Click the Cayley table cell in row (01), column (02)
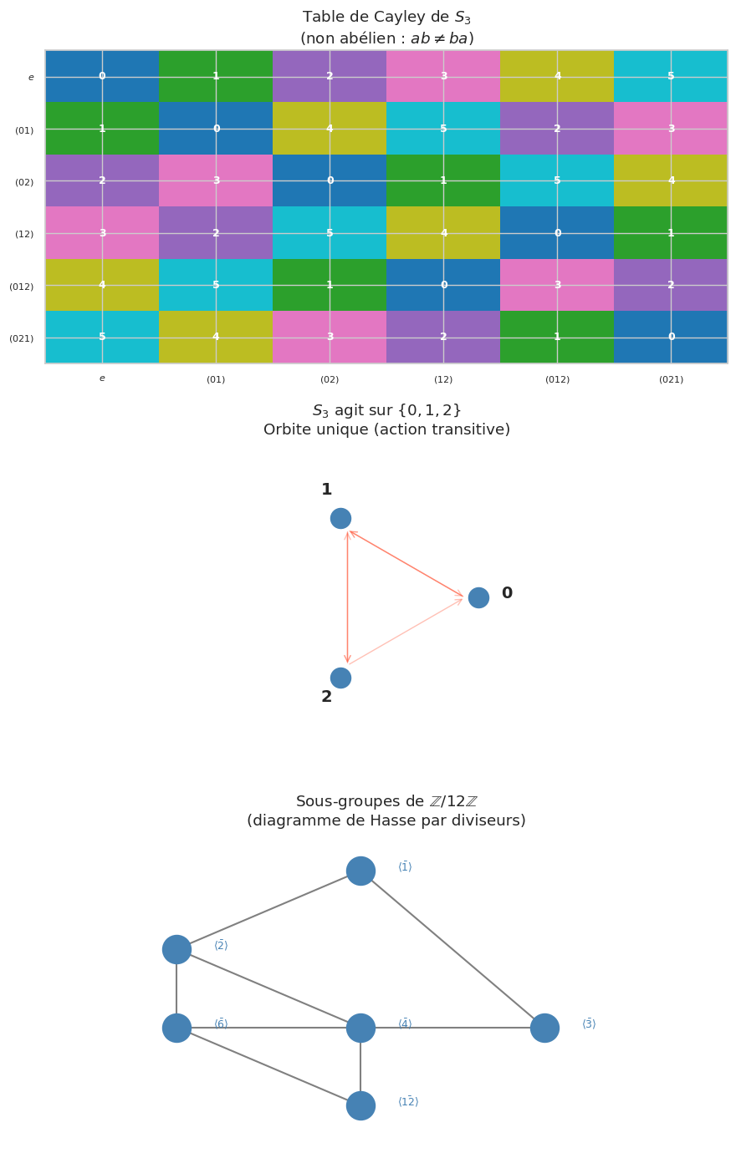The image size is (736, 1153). pos(330,129)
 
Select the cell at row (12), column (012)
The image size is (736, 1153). pos(557,233)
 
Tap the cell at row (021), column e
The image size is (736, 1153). pos(102,337)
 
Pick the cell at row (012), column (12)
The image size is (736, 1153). pos(443,285)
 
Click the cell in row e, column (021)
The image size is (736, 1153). pos(671,76)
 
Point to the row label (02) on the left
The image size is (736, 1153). pos(24,182)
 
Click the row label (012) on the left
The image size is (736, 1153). pos(22,287)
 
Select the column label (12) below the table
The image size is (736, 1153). pos(443,379)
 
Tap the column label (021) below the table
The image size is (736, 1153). pos(671,379)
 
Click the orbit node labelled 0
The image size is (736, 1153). pos(478,597)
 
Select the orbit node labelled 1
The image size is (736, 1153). pos(340,518)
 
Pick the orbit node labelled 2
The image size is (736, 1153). pos(340,678)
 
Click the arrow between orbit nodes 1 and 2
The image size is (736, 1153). pos(347,598)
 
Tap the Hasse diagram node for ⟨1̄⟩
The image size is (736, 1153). pos(360,871)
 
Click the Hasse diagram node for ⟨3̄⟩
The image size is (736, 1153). pos(544,1028)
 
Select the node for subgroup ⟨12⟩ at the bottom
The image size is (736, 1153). pos(360,1105)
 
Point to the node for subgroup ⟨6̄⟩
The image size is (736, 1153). pos(176,1028)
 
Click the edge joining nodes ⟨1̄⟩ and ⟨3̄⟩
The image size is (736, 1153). pos(452,949)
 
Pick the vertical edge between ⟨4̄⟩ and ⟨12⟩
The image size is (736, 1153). pos(360,1067)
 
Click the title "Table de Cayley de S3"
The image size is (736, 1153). pos(386,18)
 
